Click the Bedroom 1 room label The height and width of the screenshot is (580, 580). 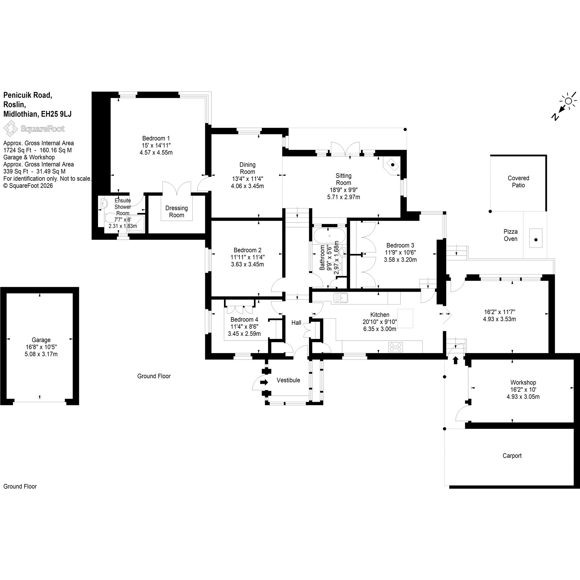(x=156, y=138)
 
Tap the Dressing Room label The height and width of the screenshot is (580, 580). (x=177, y=212)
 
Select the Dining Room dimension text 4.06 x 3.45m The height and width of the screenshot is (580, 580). (x=247, y=186)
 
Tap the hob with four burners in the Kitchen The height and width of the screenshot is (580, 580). (x=396, y=347)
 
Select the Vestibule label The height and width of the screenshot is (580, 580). (x=288, y=380)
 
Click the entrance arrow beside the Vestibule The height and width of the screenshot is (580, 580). (x=264, y=382)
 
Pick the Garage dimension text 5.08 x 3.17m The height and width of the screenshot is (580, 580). (x=41, y=354)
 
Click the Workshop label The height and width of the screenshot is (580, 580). (x=523, y=382)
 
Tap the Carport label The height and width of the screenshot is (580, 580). (x=512, y=456)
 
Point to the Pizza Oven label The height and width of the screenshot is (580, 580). (x=510, y=235)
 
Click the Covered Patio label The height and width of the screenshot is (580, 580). (x=518, y=182)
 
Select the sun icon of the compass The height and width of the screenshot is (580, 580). (x=568, y=101)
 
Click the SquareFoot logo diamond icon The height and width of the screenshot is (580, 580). (x=11, y=129)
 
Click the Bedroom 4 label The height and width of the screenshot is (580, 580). (x=244, y=320)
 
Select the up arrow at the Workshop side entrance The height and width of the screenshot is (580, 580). (x=456, y=360)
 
